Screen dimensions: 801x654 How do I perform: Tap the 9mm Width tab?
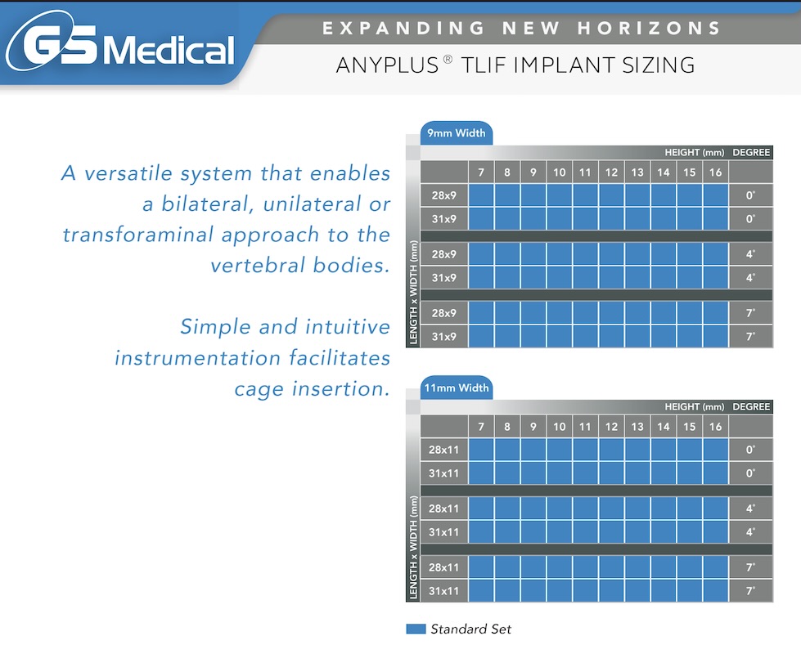(457, 133)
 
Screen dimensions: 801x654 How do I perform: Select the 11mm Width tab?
(457, 388)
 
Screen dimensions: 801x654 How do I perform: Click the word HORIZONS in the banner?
(649, 28)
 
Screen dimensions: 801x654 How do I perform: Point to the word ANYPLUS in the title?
(387, 65)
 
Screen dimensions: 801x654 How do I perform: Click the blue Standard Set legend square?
(416, 629)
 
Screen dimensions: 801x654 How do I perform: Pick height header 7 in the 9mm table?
(481, 172)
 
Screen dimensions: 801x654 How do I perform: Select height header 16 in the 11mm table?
(715, 427)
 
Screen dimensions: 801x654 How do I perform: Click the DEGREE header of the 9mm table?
(751, 152)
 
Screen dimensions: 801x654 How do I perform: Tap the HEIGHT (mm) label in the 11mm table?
(695, 407)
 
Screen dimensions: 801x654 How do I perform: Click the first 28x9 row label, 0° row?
(444, 195)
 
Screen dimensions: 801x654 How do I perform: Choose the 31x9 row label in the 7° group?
(444, 337)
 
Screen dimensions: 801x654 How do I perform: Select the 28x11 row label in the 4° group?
(444, 508)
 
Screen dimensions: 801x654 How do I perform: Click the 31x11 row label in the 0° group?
(444, 473)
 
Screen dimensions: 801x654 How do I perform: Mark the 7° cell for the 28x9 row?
(750, 313)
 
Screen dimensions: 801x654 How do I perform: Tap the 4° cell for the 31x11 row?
(750, 532)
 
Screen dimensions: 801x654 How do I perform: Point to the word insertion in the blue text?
(340, 389)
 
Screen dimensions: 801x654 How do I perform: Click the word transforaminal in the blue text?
(138, 235)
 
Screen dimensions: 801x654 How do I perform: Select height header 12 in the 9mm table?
(611, 172)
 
